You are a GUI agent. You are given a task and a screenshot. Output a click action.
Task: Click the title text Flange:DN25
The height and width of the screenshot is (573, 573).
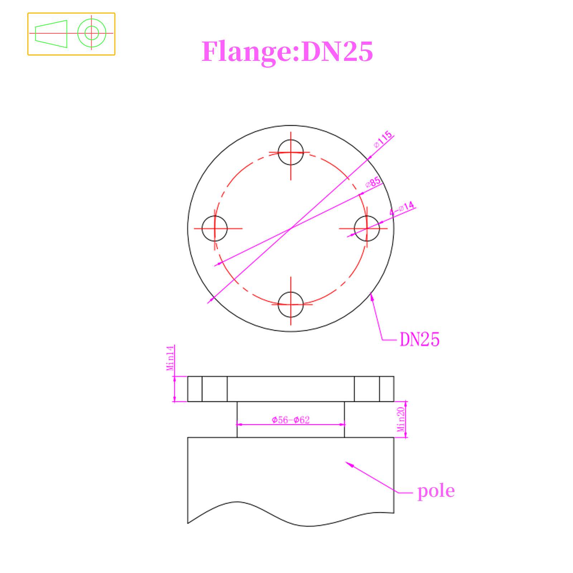point(287,52)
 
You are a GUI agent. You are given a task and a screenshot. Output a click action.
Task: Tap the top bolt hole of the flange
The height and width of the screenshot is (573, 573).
point(290,152)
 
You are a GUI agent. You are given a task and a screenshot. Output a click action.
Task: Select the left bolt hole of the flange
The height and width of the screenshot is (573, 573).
point(215,228)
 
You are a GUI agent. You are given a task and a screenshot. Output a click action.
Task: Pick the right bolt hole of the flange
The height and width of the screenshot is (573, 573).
point(367,228)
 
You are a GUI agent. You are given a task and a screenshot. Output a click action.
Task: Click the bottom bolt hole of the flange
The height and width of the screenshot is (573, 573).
point(290,304)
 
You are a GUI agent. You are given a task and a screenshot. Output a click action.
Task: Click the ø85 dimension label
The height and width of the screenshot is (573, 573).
point(373,182)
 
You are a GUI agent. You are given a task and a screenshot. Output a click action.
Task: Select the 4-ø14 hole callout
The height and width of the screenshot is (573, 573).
point(402,208)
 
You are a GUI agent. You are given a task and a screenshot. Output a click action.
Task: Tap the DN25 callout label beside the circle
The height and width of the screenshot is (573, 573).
point(419,340)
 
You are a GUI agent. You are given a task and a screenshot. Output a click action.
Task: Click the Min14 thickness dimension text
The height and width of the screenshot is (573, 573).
point(170,358)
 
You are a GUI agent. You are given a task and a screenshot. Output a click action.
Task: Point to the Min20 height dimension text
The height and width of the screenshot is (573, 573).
point(401,419)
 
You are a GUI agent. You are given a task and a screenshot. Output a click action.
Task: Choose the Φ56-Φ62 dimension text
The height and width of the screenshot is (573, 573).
point(290,420)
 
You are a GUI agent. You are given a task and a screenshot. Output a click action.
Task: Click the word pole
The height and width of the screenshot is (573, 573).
point(436,491)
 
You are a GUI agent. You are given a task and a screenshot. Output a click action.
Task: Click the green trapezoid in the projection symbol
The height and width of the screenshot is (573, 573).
point(51,34)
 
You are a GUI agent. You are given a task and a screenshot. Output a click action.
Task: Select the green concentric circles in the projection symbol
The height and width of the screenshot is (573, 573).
point(92,33)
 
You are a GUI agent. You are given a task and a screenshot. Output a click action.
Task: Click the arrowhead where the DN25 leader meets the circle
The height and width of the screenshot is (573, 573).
point(372,295)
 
